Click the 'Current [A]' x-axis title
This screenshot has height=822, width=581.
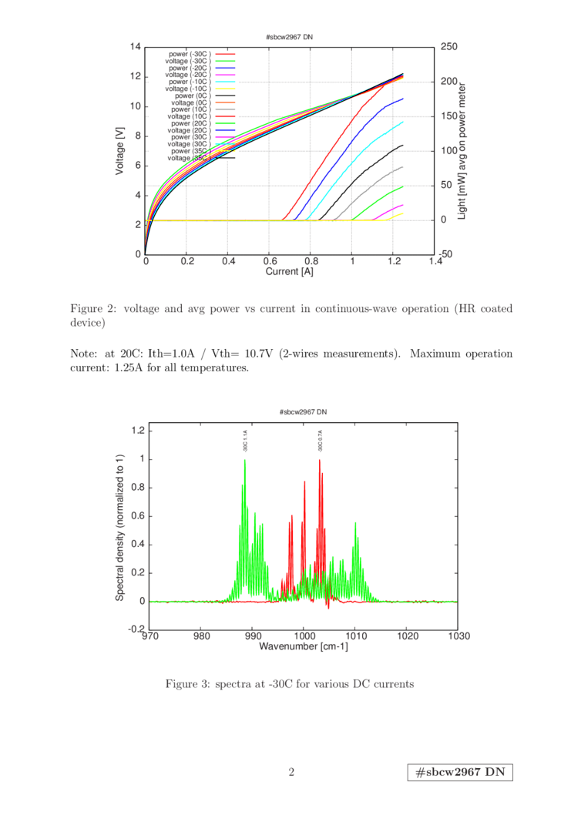click(x=290, y=271)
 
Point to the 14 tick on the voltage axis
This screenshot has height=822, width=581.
click(x=136, y=47)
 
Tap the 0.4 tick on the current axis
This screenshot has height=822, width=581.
click(x=227, y=262)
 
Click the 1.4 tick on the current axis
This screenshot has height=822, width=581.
click(x=435, y=262)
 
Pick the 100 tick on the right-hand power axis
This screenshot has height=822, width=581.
click(x=448, y=150)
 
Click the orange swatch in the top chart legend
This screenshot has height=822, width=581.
click(x=225, y=102)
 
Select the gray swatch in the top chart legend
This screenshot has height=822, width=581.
click(x=225, y=109)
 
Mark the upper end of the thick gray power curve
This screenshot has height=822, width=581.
click(x=402, y=166)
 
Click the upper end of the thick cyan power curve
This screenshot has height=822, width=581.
click(x=402, y=122)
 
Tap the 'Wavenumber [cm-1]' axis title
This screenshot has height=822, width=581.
click(x=304, y=646)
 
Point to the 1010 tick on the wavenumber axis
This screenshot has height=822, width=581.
click(x=355, y=636)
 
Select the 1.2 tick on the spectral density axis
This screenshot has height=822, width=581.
click(x=139, y=430)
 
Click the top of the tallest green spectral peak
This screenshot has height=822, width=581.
click(x=245, y=459)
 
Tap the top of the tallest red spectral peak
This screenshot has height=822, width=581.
click(x=320, y=459)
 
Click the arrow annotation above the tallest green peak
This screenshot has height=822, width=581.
click(x=245, y=441)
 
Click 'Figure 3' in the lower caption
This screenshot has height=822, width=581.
click(x=184, y=683)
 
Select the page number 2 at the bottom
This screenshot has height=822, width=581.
click(x=291, y=772)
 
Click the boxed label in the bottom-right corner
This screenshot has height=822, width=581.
click(x=460, y=773)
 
